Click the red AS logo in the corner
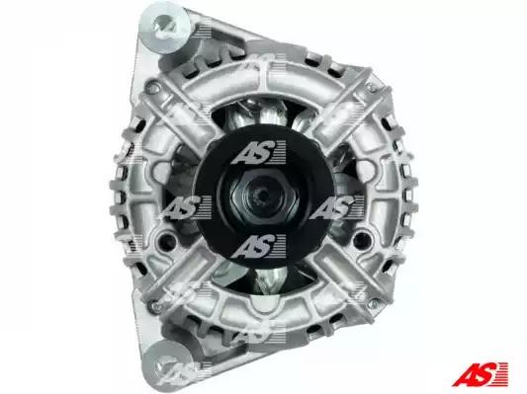[480, 373]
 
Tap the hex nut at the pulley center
[264, 197]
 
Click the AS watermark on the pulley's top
[259, 152]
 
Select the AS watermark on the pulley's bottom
[259, 246]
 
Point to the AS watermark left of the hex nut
[185, 207]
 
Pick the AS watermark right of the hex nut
[336, 207]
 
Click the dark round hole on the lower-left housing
[165, 238]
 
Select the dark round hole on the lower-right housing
[361, 238]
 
